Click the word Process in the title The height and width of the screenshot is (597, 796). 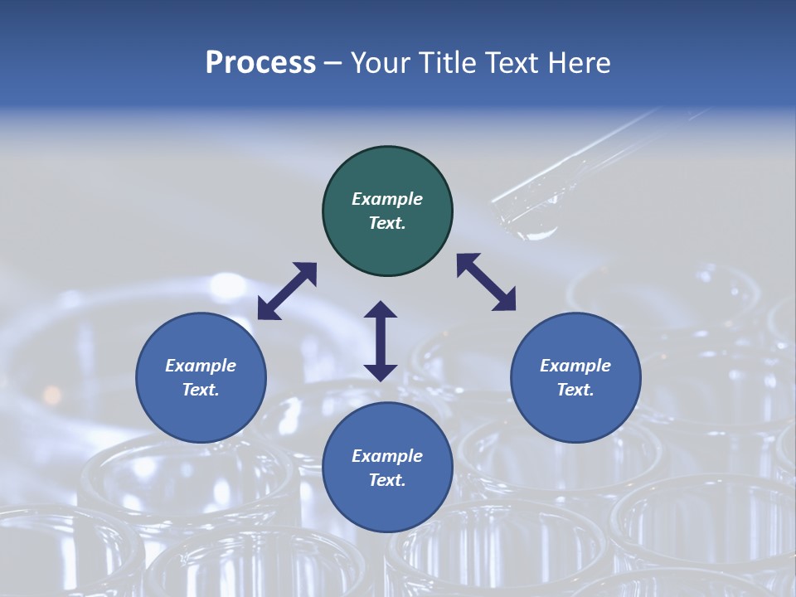click(260, 63)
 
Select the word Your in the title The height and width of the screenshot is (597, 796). click(381, 63)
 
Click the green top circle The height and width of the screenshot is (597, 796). click(387, 211)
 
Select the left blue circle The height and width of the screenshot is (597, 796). click(201, 377)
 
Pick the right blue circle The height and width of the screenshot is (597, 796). click(575, 377)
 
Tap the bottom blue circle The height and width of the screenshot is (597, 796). click(387, 468)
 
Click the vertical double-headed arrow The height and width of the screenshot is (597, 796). click(381, 341)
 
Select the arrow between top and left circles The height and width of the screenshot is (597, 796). click(287, 291)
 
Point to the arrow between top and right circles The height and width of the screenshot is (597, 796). click(486, 282)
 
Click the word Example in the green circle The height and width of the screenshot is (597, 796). click(387, 199)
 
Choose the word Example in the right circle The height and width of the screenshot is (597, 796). click(575, 366)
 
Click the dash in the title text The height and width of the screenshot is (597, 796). click(333, 63)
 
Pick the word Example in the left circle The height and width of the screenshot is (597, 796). click(201, 366)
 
